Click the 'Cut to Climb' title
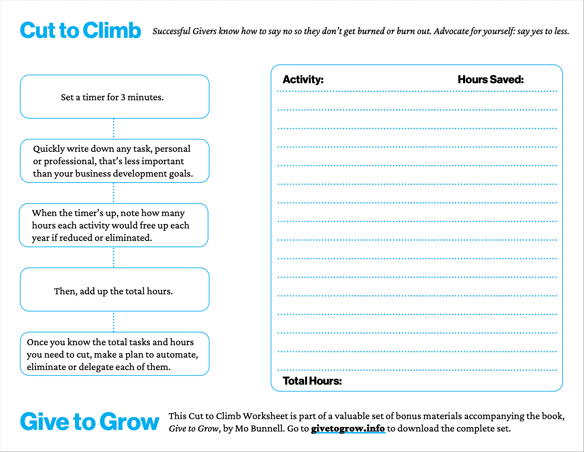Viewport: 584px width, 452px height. [x=80, y=31]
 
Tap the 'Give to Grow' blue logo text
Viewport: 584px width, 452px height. [x=90, y=422]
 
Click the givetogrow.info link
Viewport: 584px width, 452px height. [x=348, y=428]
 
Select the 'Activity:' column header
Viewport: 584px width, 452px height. [x=303, y=79]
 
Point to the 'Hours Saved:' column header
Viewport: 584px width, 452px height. [x=490, y=79]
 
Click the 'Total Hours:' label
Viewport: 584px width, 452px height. [x=312, y=381]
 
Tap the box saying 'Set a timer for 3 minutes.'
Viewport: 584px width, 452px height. [x=114, y=97]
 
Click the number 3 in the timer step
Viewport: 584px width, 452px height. [x=123, y=97]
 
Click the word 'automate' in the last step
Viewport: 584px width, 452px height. [x=176, y=355]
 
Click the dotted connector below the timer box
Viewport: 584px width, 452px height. [x=113, y=129]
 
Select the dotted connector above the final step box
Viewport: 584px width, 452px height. [x=113, y=322]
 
